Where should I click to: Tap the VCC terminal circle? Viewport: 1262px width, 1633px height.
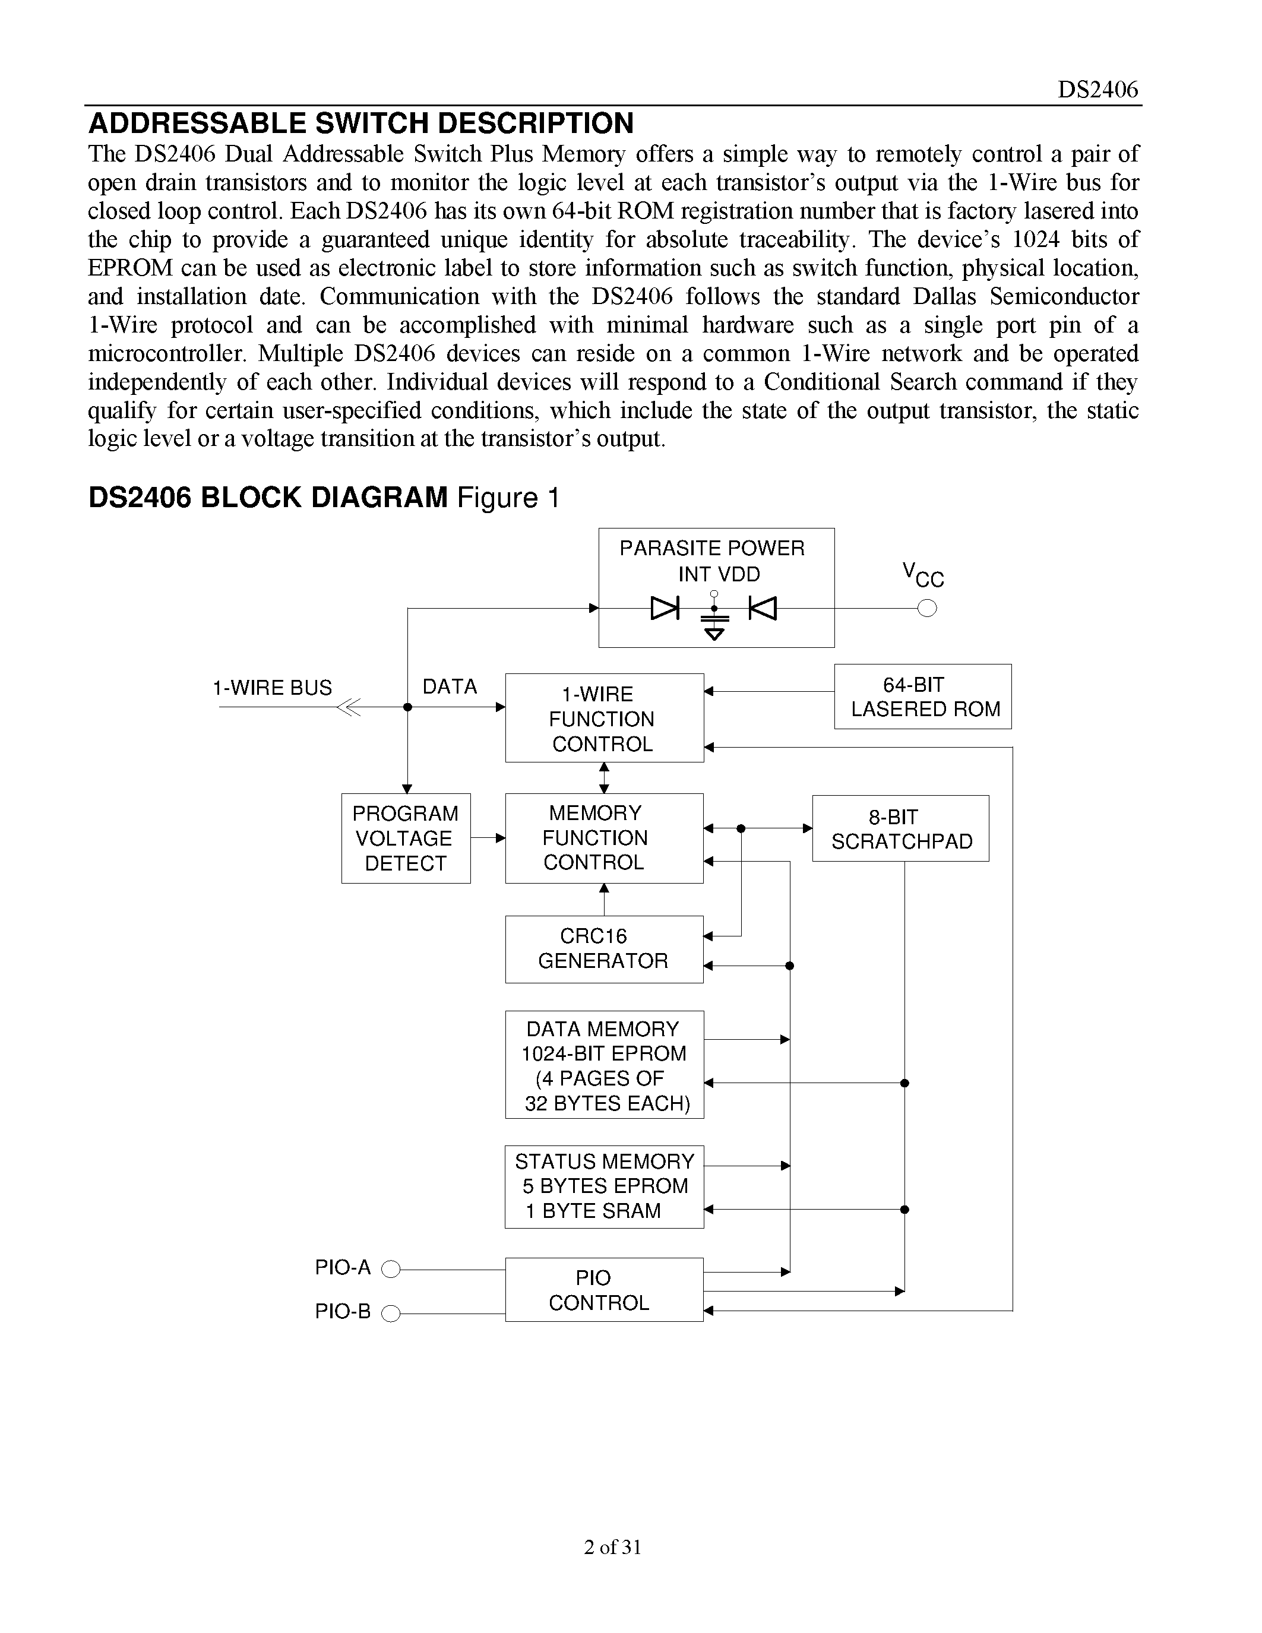click(x=927, y=609)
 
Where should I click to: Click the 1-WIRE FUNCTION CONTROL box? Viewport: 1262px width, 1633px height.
click(x=603, y=718)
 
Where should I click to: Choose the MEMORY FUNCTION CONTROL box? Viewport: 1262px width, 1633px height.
click(x=603, y=838)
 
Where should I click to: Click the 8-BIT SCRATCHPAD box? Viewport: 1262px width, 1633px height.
click(x=900, y=828)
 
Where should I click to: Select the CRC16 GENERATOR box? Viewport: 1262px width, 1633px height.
click(x=603, y=949)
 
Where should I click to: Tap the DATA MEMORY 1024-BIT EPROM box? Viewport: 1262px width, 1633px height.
click(x=603, y=1065)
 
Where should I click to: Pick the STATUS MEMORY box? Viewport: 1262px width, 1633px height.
click(x=603, y=1186)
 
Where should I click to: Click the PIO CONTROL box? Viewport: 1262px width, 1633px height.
click(x=603, y=1290)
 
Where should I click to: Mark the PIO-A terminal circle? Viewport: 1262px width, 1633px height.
click(x=391, y=1269)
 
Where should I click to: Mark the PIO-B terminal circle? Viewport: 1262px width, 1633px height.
click(x=391, y=1313)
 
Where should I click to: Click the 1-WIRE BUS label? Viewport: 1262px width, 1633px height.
click(x=272, y=688)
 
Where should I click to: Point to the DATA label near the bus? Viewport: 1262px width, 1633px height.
click(x=450, y=686)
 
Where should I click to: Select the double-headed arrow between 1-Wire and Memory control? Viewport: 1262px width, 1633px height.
click(x=604, y=778)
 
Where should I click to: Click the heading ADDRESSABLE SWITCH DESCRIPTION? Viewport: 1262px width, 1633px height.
click(x=361, y=124)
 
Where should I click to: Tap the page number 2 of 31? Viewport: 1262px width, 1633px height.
click(x=612, y=1547)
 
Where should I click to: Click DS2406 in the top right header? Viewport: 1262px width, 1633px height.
click(x=1097, y=90)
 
